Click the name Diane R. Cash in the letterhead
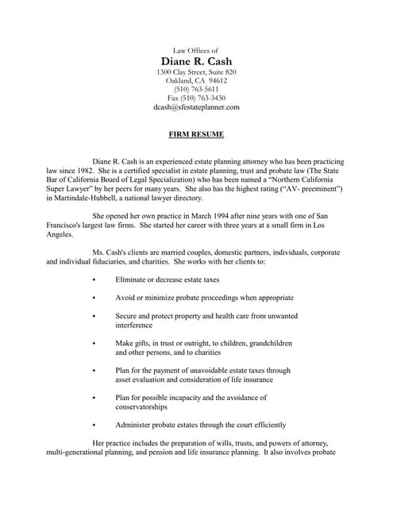pyautogui.click(x=196, y=61)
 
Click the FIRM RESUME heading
pyautogui.click(x=196, y=134)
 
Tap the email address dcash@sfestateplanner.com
pyautogui.click(x=196, y=106)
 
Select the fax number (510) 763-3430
pyautogui.click(x=196, y=98)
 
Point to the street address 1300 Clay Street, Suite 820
pyautogui.click(x=196, y=72)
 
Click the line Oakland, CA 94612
pyautogui.click(x=196, y=80)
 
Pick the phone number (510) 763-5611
pyautogui.click(x=196, y=89)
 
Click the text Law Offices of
pyautogui.click(x=196, y=50)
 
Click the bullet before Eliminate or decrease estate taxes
pyautogui.click(x=94, y=279)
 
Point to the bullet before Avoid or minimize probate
pyautogui.click(x=94, y=298)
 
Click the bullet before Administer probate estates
pyautogui.click(x=94, y=425)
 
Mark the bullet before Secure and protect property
pyautogui.click(x=94, y=316)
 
